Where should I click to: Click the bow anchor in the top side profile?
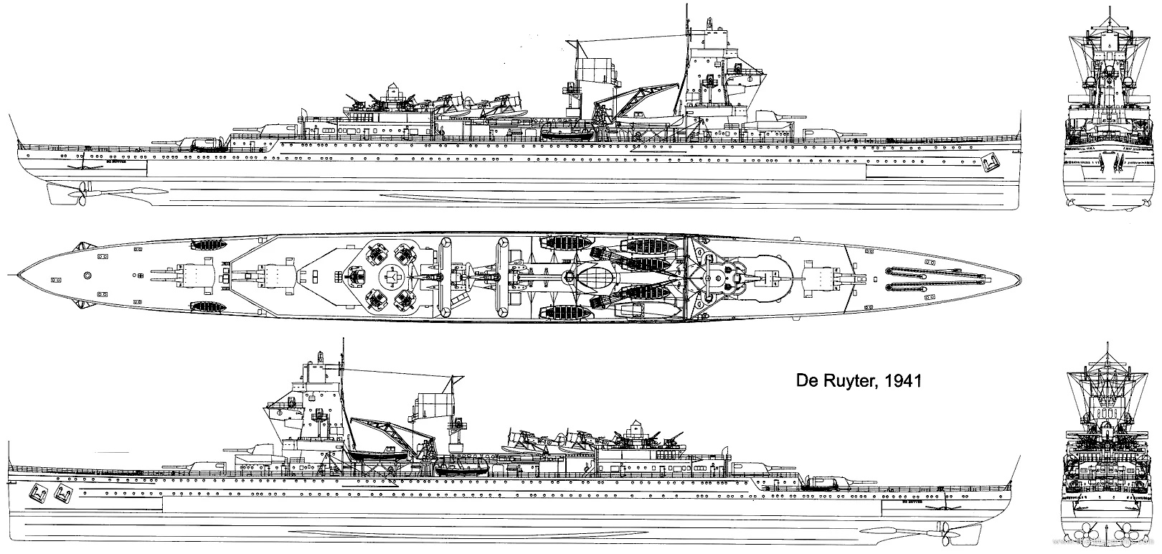pyautogui.click(x=991, y=164)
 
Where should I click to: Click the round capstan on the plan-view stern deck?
pyautogui.click(x=88, y=274)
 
